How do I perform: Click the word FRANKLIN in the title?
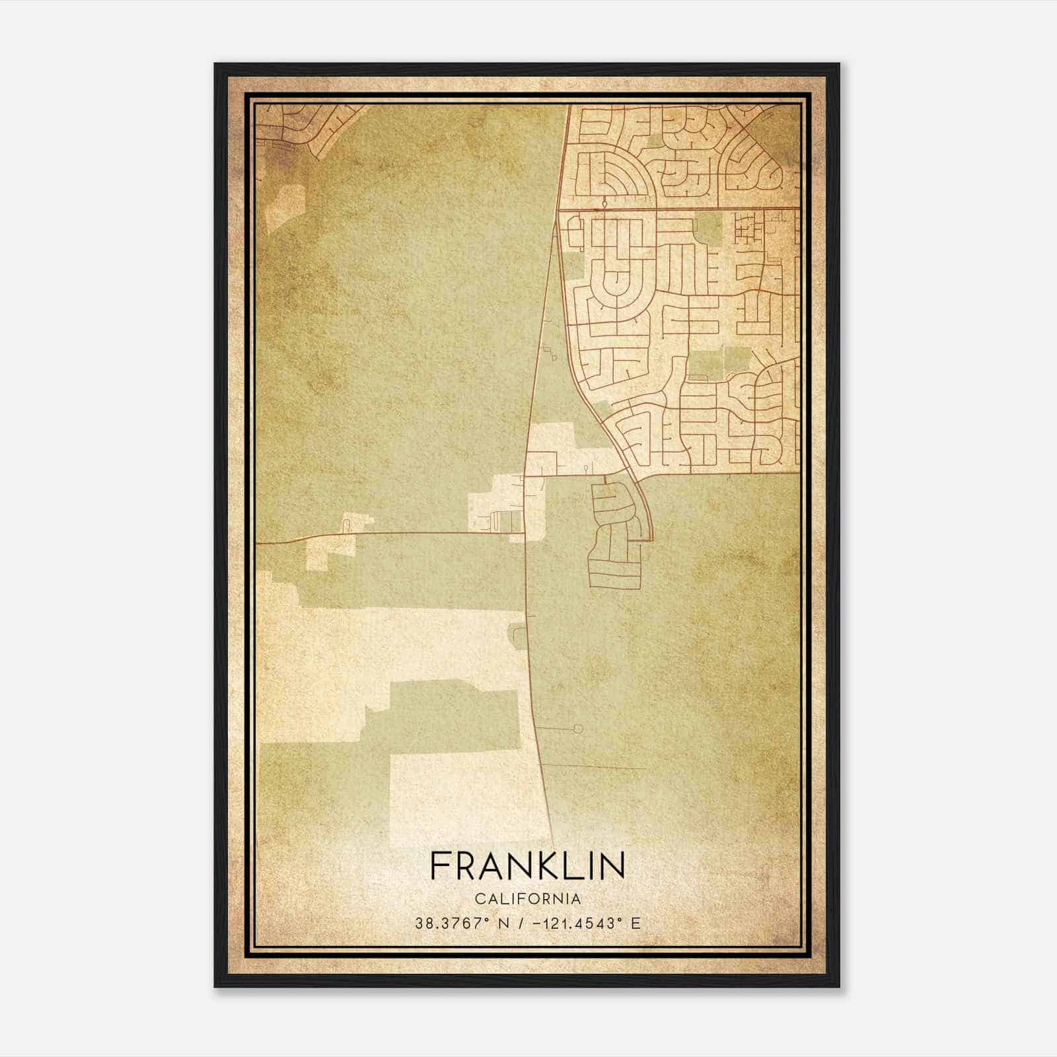pos(527,866)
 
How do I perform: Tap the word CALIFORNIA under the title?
pos(527,899)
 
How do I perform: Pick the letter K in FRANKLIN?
pos(541,866)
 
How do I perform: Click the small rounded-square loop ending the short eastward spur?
pos(579,729)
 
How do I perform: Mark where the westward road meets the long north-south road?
pos(525,533)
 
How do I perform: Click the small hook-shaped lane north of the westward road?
pos(345,525)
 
